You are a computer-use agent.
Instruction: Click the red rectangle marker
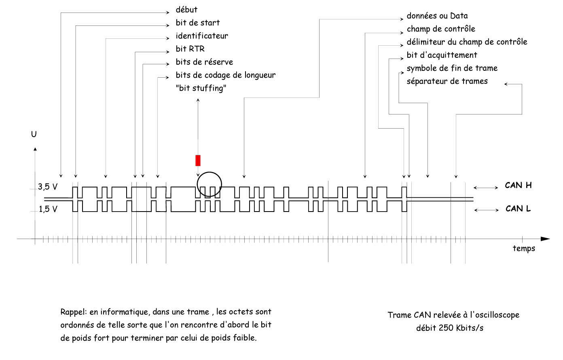click(198, 160)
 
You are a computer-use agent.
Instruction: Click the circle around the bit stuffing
click(210, 184)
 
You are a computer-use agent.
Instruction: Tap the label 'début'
click(186, 10)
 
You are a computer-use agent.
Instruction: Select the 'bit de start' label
click(198, 23)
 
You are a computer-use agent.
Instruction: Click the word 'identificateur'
click(202, 36)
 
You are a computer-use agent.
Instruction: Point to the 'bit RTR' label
click(190, 49)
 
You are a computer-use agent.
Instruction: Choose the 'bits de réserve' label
click(204, 62)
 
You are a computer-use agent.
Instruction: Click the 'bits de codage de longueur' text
click(226, 75)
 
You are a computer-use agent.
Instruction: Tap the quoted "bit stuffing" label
click(201, 88)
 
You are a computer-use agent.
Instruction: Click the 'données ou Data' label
click(437, 16)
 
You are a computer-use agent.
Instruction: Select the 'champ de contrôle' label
click(441, 29)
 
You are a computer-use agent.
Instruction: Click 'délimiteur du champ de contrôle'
click(467, 42)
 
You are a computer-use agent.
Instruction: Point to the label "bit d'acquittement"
click(442, 55)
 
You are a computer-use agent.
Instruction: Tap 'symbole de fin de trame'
click(452, 68)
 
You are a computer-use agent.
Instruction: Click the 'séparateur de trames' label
click(447, 81)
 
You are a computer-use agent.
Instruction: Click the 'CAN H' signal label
click(518, 185)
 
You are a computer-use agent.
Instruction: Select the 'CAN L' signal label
click(518, 209)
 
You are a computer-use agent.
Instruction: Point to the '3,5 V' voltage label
click(48, 187)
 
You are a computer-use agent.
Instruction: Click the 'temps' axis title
click(524, 248)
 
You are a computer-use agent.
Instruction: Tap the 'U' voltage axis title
click(34, 134)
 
